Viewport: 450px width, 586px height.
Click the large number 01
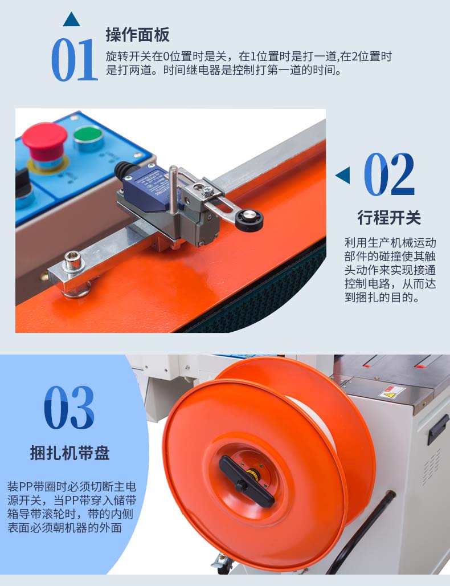pyautogui.click(x=74, y=60)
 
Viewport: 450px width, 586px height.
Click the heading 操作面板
pyautogui.click(x=137, y=35)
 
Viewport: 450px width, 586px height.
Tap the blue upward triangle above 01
pyautogui.click(x=71, y=19)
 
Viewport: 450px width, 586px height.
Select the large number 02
pyautogui.click(x=389, y=174)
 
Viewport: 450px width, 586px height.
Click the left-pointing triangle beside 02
pyautogui.click(x=343, y=175)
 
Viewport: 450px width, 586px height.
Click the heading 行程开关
pyautogui.click(x=389, y=218)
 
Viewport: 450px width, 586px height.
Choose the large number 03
pyautogui.click(x=69, y=408)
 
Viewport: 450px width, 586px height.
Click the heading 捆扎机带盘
pyautogui.click(x=69, y=453)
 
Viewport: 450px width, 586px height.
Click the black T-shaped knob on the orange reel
pyautogui.click(x=247, y=481)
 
